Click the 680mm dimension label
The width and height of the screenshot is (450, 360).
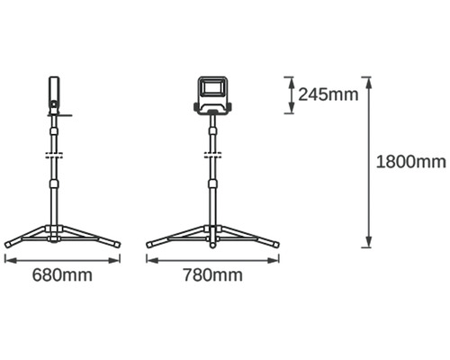point(62,275)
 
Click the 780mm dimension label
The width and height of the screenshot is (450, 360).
point(212,275)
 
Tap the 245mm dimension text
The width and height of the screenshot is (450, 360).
point(328,94)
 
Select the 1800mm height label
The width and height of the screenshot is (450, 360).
point(411,162)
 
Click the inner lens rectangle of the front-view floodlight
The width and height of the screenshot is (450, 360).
point(212,88)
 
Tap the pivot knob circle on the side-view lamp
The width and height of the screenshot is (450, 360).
point(54,104)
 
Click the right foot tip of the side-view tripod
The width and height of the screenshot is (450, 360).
point(118,245)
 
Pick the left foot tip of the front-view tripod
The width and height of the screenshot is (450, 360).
point(148,245)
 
